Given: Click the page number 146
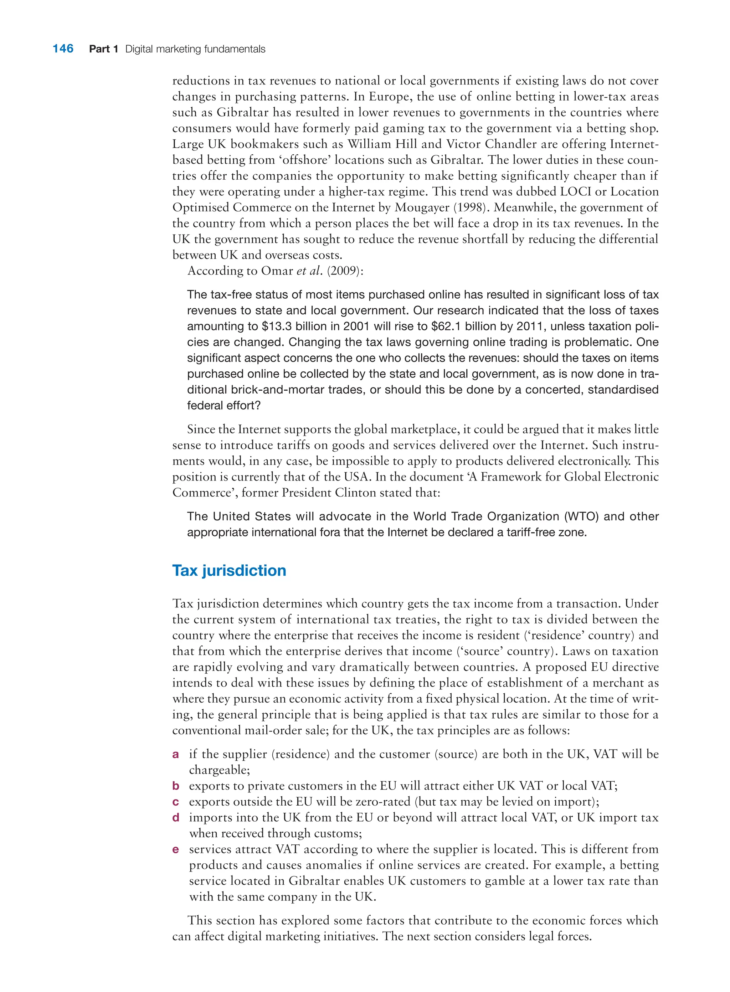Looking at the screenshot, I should pos(63,48).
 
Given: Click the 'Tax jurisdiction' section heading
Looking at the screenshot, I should pos(229,570).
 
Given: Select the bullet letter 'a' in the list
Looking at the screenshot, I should pos(175,754).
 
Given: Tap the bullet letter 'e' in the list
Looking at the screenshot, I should pos(175,849).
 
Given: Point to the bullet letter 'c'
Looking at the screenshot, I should pos(175,802).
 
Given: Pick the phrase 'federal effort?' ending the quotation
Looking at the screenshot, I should pos(223,406).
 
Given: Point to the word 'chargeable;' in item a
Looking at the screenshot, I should pos(219,770).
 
